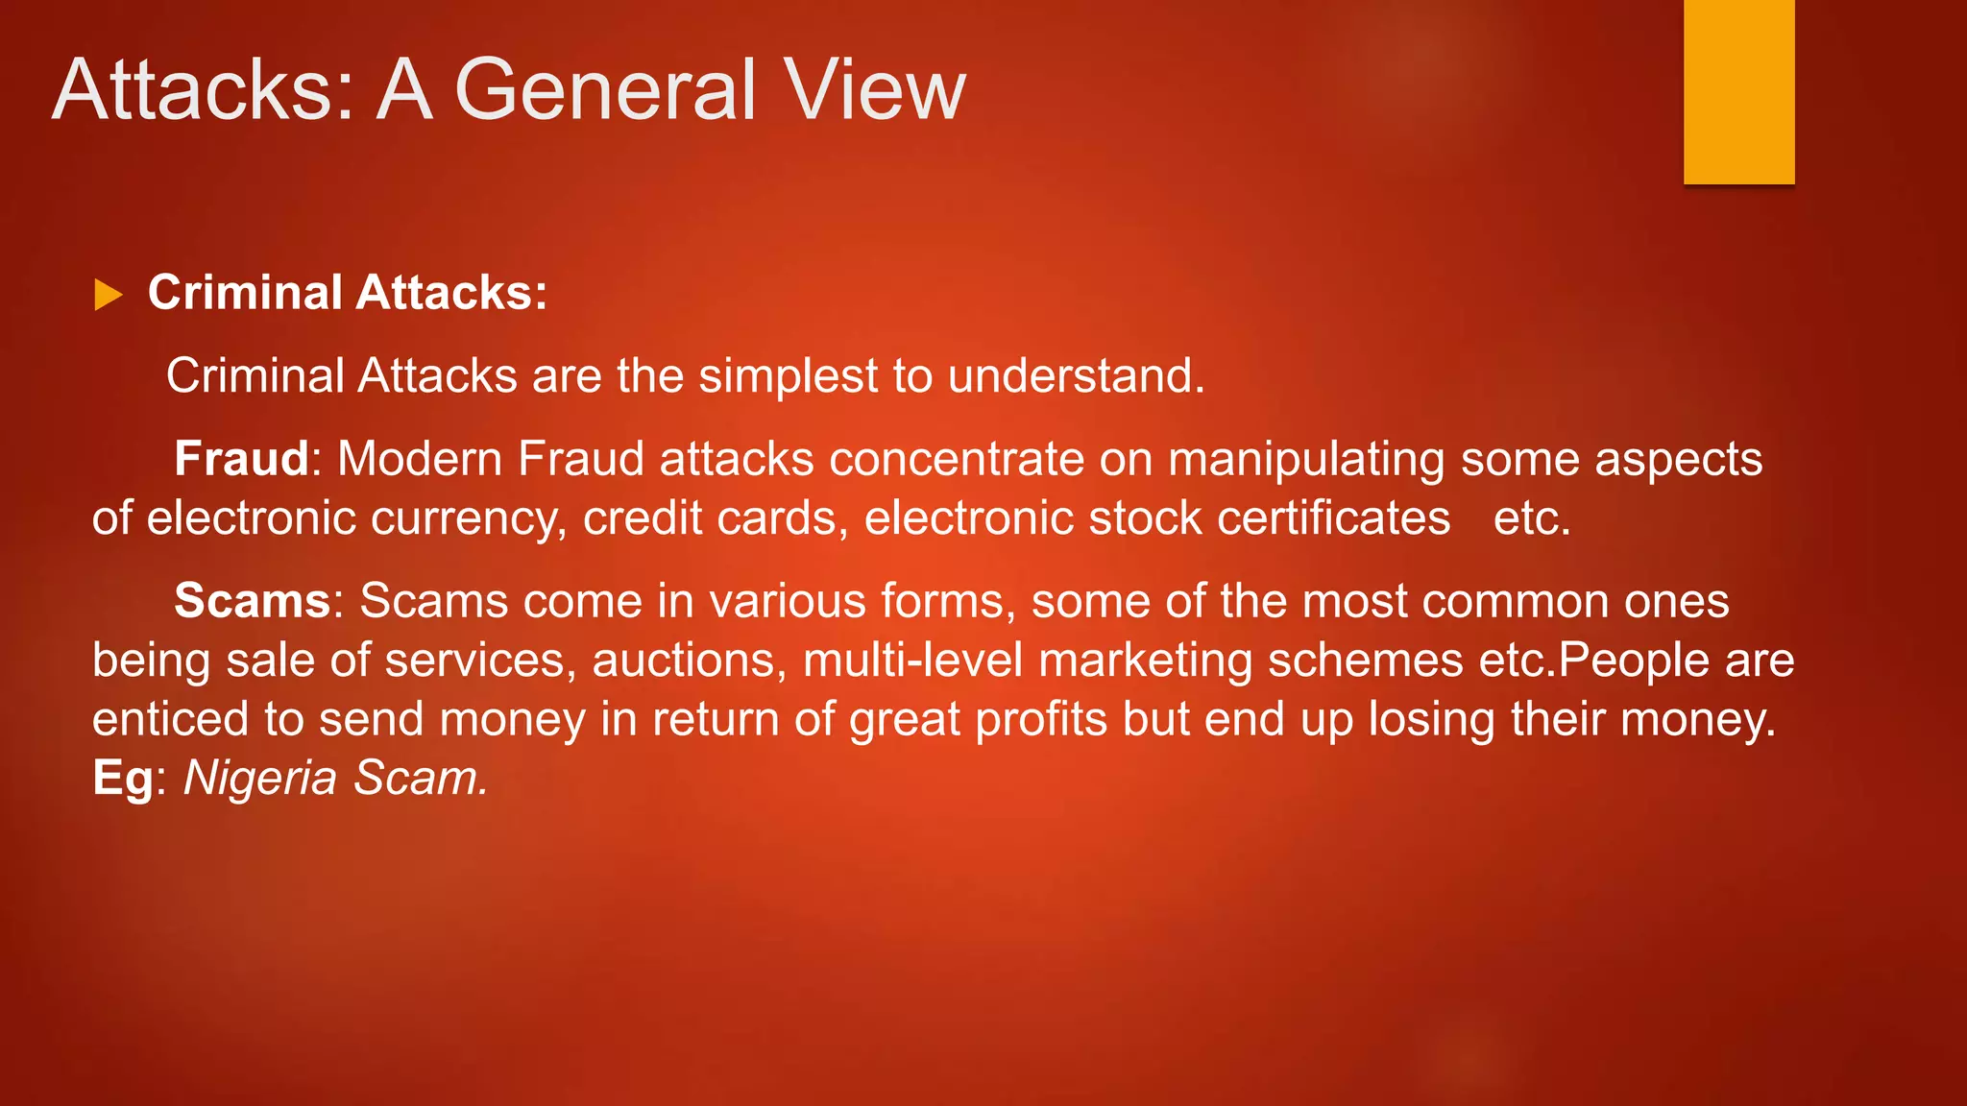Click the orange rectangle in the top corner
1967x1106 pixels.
click(x=1738, y=91)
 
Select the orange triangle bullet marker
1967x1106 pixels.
click(x=108, y=295)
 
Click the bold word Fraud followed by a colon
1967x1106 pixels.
click(x=241, y=459)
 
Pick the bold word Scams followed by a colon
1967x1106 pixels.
click(x=253, y=602)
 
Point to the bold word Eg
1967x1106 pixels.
click(x=122, y=780)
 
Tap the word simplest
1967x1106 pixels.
click(x=788, y=376)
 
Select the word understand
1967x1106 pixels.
click(x=1075, y=376)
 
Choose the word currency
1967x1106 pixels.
click(x=468, y=519)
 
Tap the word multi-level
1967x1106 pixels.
click(x=912, y=661)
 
